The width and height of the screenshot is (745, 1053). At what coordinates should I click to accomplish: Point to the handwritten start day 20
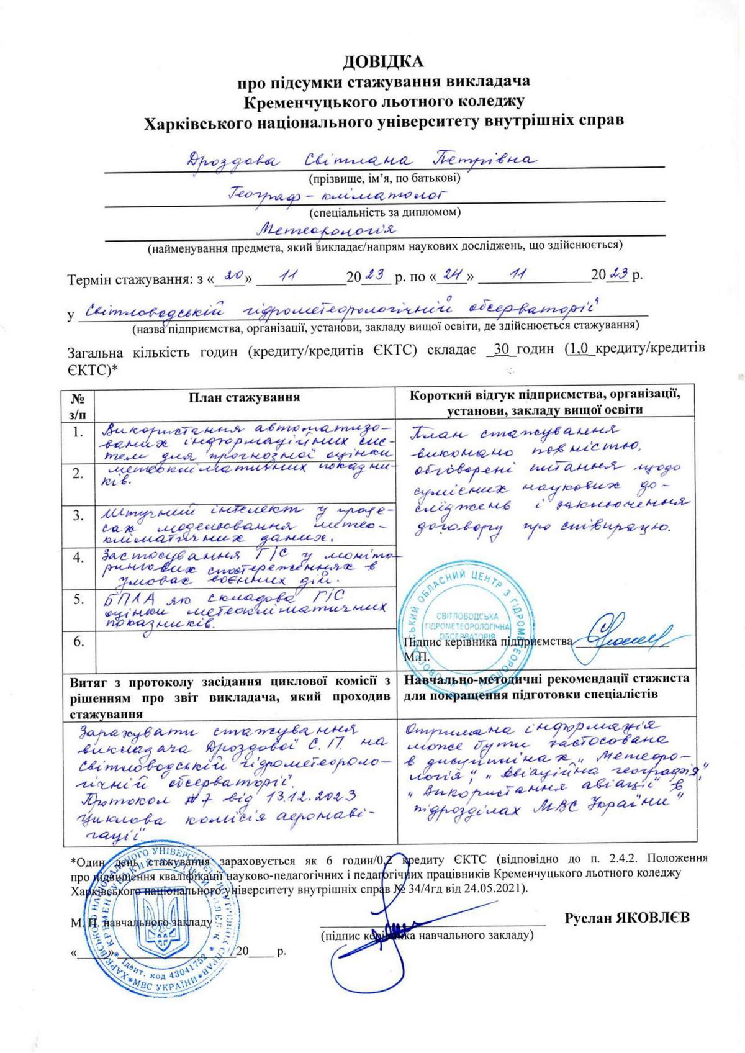tap(233, 274)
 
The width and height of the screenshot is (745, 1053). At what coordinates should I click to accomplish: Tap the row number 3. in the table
tap(78, 515)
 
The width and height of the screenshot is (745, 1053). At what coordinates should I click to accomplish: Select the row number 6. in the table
tap(78, 643)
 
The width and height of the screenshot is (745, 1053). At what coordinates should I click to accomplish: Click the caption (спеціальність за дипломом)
tap(385, 212)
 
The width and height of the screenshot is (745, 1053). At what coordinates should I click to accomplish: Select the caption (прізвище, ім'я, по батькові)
tap(385, 179)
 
